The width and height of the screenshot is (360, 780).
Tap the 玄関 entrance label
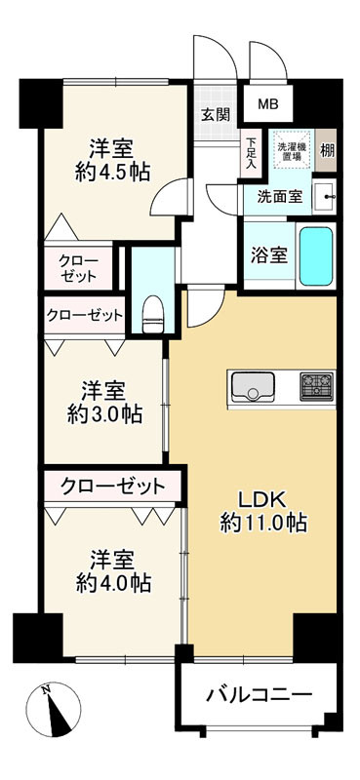point(215,113)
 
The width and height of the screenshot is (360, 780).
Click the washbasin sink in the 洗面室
point(326,196)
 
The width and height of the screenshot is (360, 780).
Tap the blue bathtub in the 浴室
point(315,255)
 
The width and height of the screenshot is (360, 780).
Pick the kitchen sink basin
point(252,386)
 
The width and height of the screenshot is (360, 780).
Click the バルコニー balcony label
point(259,695)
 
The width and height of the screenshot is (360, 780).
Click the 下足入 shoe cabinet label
point(250,152)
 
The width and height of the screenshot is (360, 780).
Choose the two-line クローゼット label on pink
point(78,267)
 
